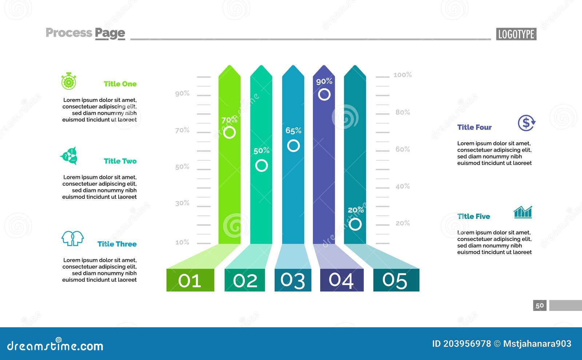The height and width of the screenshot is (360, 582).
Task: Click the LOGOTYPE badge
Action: click(x=516, y=34)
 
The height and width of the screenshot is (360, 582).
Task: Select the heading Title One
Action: click(x=120, y=84)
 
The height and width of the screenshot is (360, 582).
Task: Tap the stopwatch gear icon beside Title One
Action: click(x=69, y=81)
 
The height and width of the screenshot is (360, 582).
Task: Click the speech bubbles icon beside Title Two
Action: click(x=69, y=156)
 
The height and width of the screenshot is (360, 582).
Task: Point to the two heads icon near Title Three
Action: click(x=72, y=239)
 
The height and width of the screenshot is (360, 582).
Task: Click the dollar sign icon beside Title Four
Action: click(x=526, y=123)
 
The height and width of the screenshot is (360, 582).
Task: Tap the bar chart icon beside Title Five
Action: click(x=523, y=212)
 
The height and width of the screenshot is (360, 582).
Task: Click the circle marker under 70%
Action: click(x=229, y=132)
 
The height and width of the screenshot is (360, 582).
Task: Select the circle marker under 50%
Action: click(x=261, y=165)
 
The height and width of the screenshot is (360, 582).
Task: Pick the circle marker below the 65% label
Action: click(x=293, y=146)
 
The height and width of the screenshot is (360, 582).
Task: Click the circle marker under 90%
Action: click(x=324, y=95)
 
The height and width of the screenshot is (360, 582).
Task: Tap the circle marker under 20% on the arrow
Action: click(x=355, y=224)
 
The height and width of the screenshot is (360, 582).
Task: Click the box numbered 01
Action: click(x=190, y=280)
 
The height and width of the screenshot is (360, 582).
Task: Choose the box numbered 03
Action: click(x=293, y=280)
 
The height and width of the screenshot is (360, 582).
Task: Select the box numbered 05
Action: click(x=396, y=280)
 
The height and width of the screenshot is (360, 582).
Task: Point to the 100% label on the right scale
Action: click(x=402, y=75)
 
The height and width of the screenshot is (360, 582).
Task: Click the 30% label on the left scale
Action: click(x=182, y=203)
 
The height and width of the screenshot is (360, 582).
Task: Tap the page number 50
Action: click(x=540, y=305)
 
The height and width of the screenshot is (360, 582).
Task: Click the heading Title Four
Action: click(x=474, y=127)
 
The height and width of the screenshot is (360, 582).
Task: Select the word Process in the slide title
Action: click(x=69, y=33)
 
